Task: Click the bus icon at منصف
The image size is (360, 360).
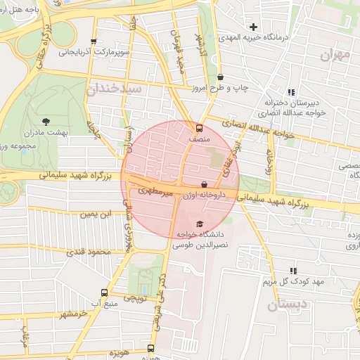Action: click(199, 129)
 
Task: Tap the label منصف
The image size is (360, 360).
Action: click(199, 140)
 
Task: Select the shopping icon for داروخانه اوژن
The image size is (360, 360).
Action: click(204, 185)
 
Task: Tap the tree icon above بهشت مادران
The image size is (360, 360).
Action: click(46, 121)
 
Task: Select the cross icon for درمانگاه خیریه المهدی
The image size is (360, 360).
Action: click(253, 27)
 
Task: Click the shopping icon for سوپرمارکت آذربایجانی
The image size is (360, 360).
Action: click(94, 41)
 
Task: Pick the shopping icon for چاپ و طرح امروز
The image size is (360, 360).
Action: click(220, 77)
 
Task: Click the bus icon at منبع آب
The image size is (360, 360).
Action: click(104, 292)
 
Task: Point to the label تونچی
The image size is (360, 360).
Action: click(135, 299)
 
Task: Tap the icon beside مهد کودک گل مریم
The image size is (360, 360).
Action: click(293, 271)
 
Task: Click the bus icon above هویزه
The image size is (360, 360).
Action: click(150, 348)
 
